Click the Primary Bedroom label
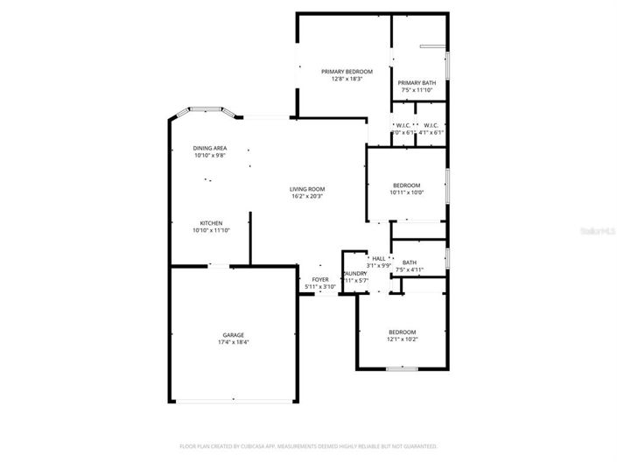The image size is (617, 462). pos(347,71)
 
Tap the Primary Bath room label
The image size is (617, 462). pos(417,82)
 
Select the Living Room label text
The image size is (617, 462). pos(308,189)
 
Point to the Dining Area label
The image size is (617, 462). pos(210,148)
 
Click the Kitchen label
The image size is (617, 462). pos(211,223)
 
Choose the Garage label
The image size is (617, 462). pos(233,335)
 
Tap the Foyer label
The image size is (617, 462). pos(320,280)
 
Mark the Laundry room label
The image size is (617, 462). pos(355,273)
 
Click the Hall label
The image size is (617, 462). pos(379,259)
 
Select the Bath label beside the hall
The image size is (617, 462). pos(410,262)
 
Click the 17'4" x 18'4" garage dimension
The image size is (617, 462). pos(233,342)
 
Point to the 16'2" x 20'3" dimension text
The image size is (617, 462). pos(308,196)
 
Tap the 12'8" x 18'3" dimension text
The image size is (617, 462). pos(347,79)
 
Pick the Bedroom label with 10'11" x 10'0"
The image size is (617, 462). pos(407,185)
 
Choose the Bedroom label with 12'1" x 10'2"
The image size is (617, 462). pos(403,332)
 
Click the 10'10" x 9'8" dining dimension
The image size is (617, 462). pos(210,156)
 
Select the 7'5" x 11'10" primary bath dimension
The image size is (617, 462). pos(417,89)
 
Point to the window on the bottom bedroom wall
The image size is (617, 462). pos(402,368)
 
